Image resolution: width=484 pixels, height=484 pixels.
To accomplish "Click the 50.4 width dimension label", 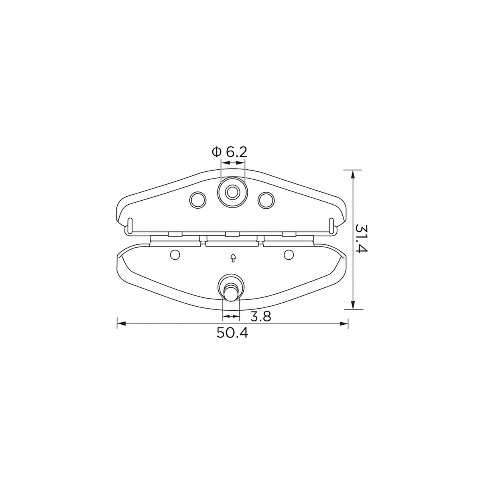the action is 232,333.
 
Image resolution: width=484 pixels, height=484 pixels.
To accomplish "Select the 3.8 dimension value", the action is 261,317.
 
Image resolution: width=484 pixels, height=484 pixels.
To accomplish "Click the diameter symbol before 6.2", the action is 216,152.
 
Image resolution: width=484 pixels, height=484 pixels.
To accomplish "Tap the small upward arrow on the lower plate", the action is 233,258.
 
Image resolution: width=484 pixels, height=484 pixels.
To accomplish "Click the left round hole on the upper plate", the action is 198,200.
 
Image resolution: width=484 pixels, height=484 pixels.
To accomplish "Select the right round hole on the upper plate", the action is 266,200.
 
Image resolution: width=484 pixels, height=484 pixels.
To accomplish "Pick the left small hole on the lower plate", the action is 175,255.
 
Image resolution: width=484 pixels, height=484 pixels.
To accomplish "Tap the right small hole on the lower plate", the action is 289,255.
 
